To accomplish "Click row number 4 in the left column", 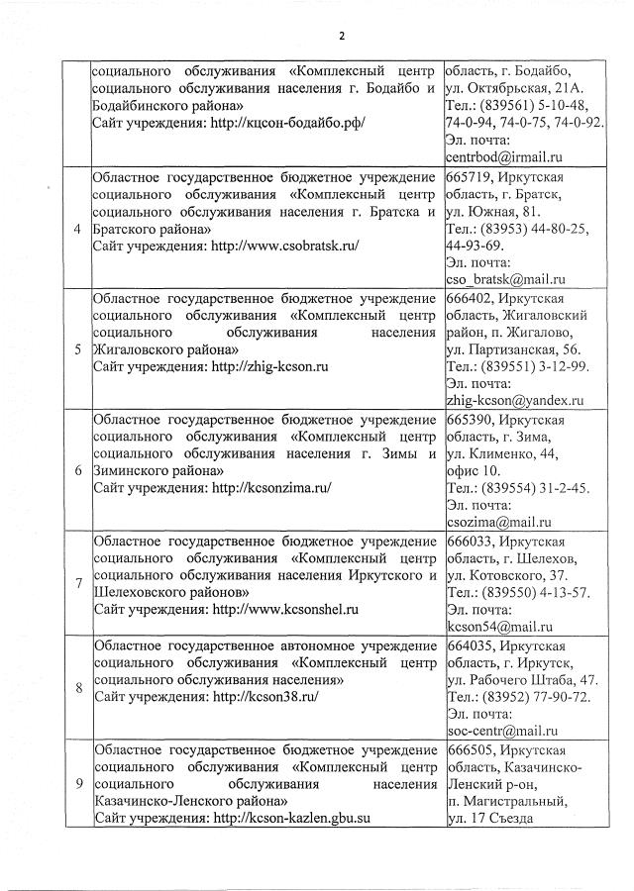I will [x=77, y=230].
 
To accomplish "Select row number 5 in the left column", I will [x=77, y=349].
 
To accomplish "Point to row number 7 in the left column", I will [x=77, y=582].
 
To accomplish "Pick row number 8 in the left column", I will [x=77, y=687].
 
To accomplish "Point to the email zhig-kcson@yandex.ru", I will [x=514, y=401].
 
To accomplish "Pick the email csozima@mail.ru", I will [x=498, y=522].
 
